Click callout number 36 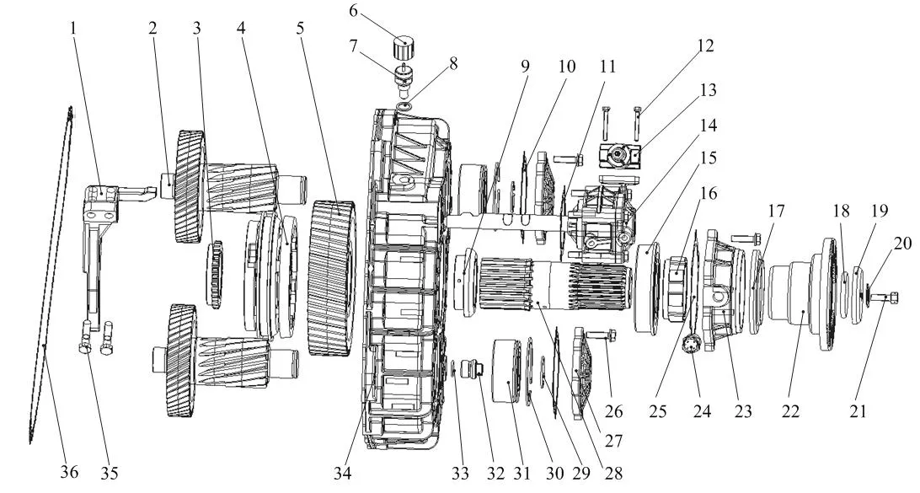68,472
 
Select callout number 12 706,46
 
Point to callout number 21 858,411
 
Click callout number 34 343,472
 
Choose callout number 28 613,472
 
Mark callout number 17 776,211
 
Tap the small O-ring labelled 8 404,106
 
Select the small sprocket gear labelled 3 215,274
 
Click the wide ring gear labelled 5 331,277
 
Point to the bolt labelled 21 884,297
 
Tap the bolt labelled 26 601,335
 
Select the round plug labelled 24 691,343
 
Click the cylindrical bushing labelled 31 506,370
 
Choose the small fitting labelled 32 471,369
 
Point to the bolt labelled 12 637,121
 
